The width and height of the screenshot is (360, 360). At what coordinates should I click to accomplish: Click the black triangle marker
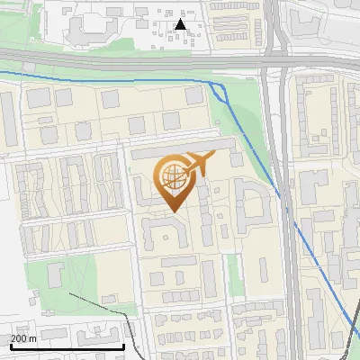tap(180, 24)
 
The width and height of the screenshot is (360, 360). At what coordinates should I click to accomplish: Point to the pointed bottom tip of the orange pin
tap(172, 211)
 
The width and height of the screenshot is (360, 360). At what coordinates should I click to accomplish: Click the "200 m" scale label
tap(23, 338)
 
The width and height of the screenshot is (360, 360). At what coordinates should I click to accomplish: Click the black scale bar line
tap(67, 346)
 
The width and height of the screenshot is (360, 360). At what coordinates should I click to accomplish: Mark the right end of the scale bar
tap(123, 346)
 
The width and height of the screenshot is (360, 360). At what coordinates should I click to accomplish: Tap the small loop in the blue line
tap(215, 85)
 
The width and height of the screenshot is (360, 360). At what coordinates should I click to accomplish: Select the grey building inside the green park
tap(54, 274)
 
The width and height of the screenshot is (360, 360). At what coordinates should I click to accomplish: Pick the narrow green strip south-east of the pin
tap(235, 274)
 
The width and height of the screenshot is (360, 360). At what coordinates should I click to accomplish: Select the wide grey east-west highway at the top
tap(135, 62)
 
